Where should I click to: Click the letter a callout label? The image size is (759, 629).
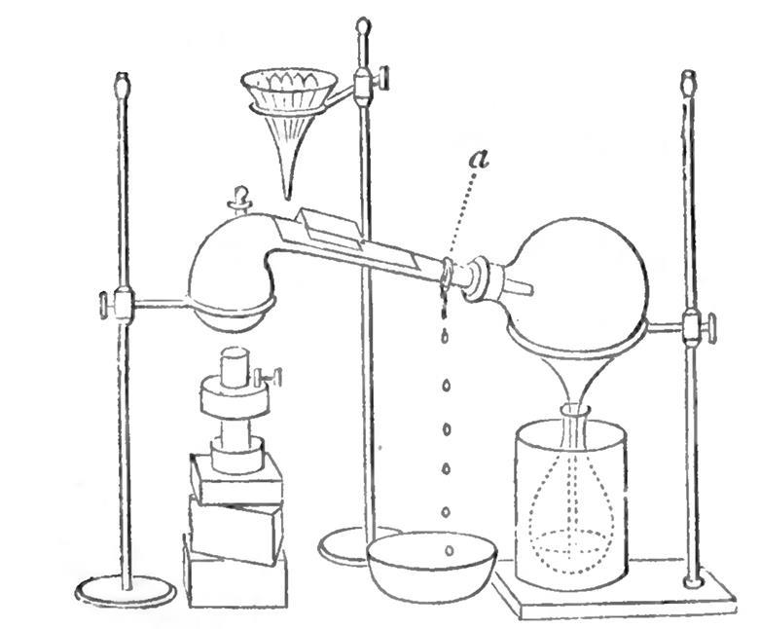(477, 159)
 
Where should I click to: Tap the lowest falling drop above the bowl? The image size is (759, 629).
(449, 551)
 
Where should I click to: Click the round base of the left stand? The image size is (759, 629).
(126, 590)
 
